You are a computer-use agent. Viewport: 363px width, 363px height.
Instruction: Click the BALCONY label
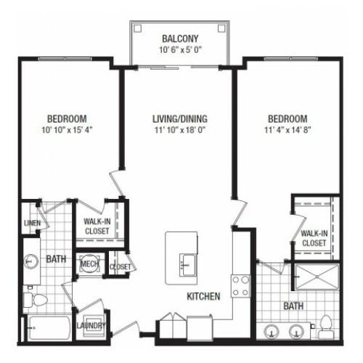pyautogui.click(x=180, y=38)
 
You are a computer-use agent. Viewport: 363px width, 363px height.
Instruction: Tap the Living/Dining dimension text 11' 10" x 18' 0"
pyautogui.click(x=180, y=130)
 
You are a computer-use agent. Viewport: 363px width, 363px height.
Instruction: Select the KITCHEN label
pyautogui.click(x=203, y=296)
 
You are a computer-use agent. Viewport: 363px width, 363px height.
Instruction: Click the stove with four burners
pyautogui.click(x=240, y=286)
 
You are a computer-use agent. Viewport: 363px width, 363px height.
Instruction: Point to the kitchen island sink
pyautogui.click(x=187, y=265)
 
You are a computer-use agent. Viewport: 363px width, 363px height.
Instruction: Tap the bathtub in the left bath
pyautogui.click(x=49, y=327)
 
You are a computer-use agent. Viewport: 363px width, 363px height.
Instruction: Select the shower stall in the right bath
pyautogui.click(x=317, y=277)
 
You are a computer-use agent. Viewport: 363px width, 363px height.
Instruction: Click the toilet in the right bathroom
pyautogui.click(x=326, y=327)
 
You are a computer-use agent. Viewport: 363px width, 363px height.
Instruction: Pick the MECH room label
pyautogui.click(x=89, y=264)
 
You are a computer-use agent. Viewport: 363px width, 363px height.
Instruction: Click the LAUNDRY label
pyautogui.click(x=91, y=325)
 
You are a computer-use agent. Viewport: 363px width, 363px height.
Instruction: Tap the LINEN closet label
pyautogui.click(x=32, y=223)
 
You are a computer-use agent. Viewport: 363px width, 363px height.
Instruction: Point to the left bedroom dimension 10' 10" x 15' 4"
pyautogui.click(x=67, y=130)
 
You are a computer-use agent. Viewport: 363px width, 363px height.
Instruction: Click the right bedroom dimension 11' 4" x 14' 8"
pyautogui.click(x=287, y=130)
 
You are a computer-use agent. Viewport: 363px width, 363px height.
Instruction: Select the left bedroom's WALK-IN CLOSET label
pyautogui.click(x=97, y=227)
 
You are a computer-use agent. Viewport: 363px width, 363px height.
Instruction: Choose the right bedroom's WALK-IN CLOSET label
pyautogui.click(x=314, y=238)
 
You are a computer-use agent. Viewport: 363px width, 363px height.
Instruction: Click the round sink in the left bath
pyautogui.click(x=30, y=261)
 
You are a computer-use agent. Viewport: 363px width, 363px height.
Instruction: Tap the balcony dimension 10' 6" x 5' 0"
pyautogui.click(x=180, y=50)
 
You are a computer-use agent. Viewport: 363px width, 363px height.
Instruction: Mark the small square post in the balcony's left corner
pyautogui.click(x=138, y=28)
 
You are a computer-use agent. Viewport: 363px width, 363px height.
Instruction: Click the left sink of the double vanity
pyautogui.click(x=272, y=332)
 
